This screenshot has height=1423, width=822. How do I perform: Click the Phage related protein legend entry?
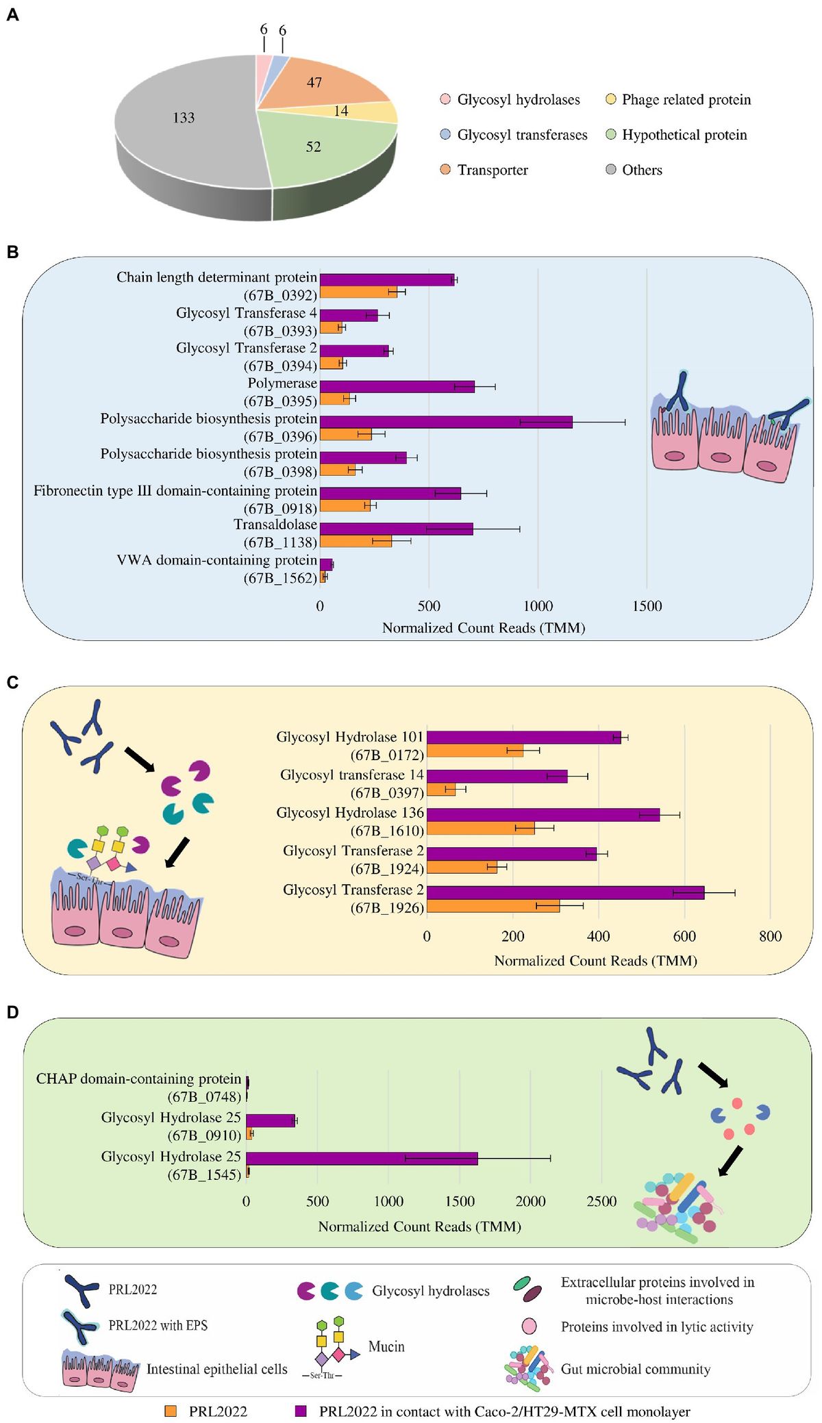686,100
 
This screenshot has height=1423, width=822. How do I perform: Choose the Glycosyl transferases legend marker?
445,135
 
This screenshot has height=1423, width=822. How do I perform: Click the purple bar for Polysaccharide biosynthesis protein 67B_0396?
445,422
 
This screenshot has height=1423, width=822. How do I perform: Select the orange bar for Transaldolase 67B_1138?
356,541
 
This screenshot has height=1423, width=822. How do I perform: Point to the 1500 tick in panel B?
647,606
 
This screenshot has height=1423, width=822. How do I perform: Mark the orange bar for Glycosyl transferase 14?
440,790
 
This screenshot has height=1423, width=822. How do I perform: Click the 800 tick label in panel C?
770,937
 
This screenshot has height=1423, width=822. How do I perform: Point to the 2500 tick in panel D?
601,1201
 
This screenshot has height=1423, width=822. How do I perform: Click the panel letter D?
12,1012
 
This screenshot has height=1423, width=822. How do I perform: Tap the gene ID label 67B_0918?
280,509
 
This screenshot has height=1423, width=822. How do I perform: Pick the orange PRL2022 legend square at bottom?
171,1411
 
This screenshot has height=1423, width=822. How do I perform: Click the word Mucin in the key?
386,1346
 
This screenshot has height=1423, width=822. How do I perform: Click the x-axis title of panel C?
595,961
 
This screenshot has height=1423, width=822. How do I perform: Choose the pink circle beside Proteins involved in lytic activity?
529,1326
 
